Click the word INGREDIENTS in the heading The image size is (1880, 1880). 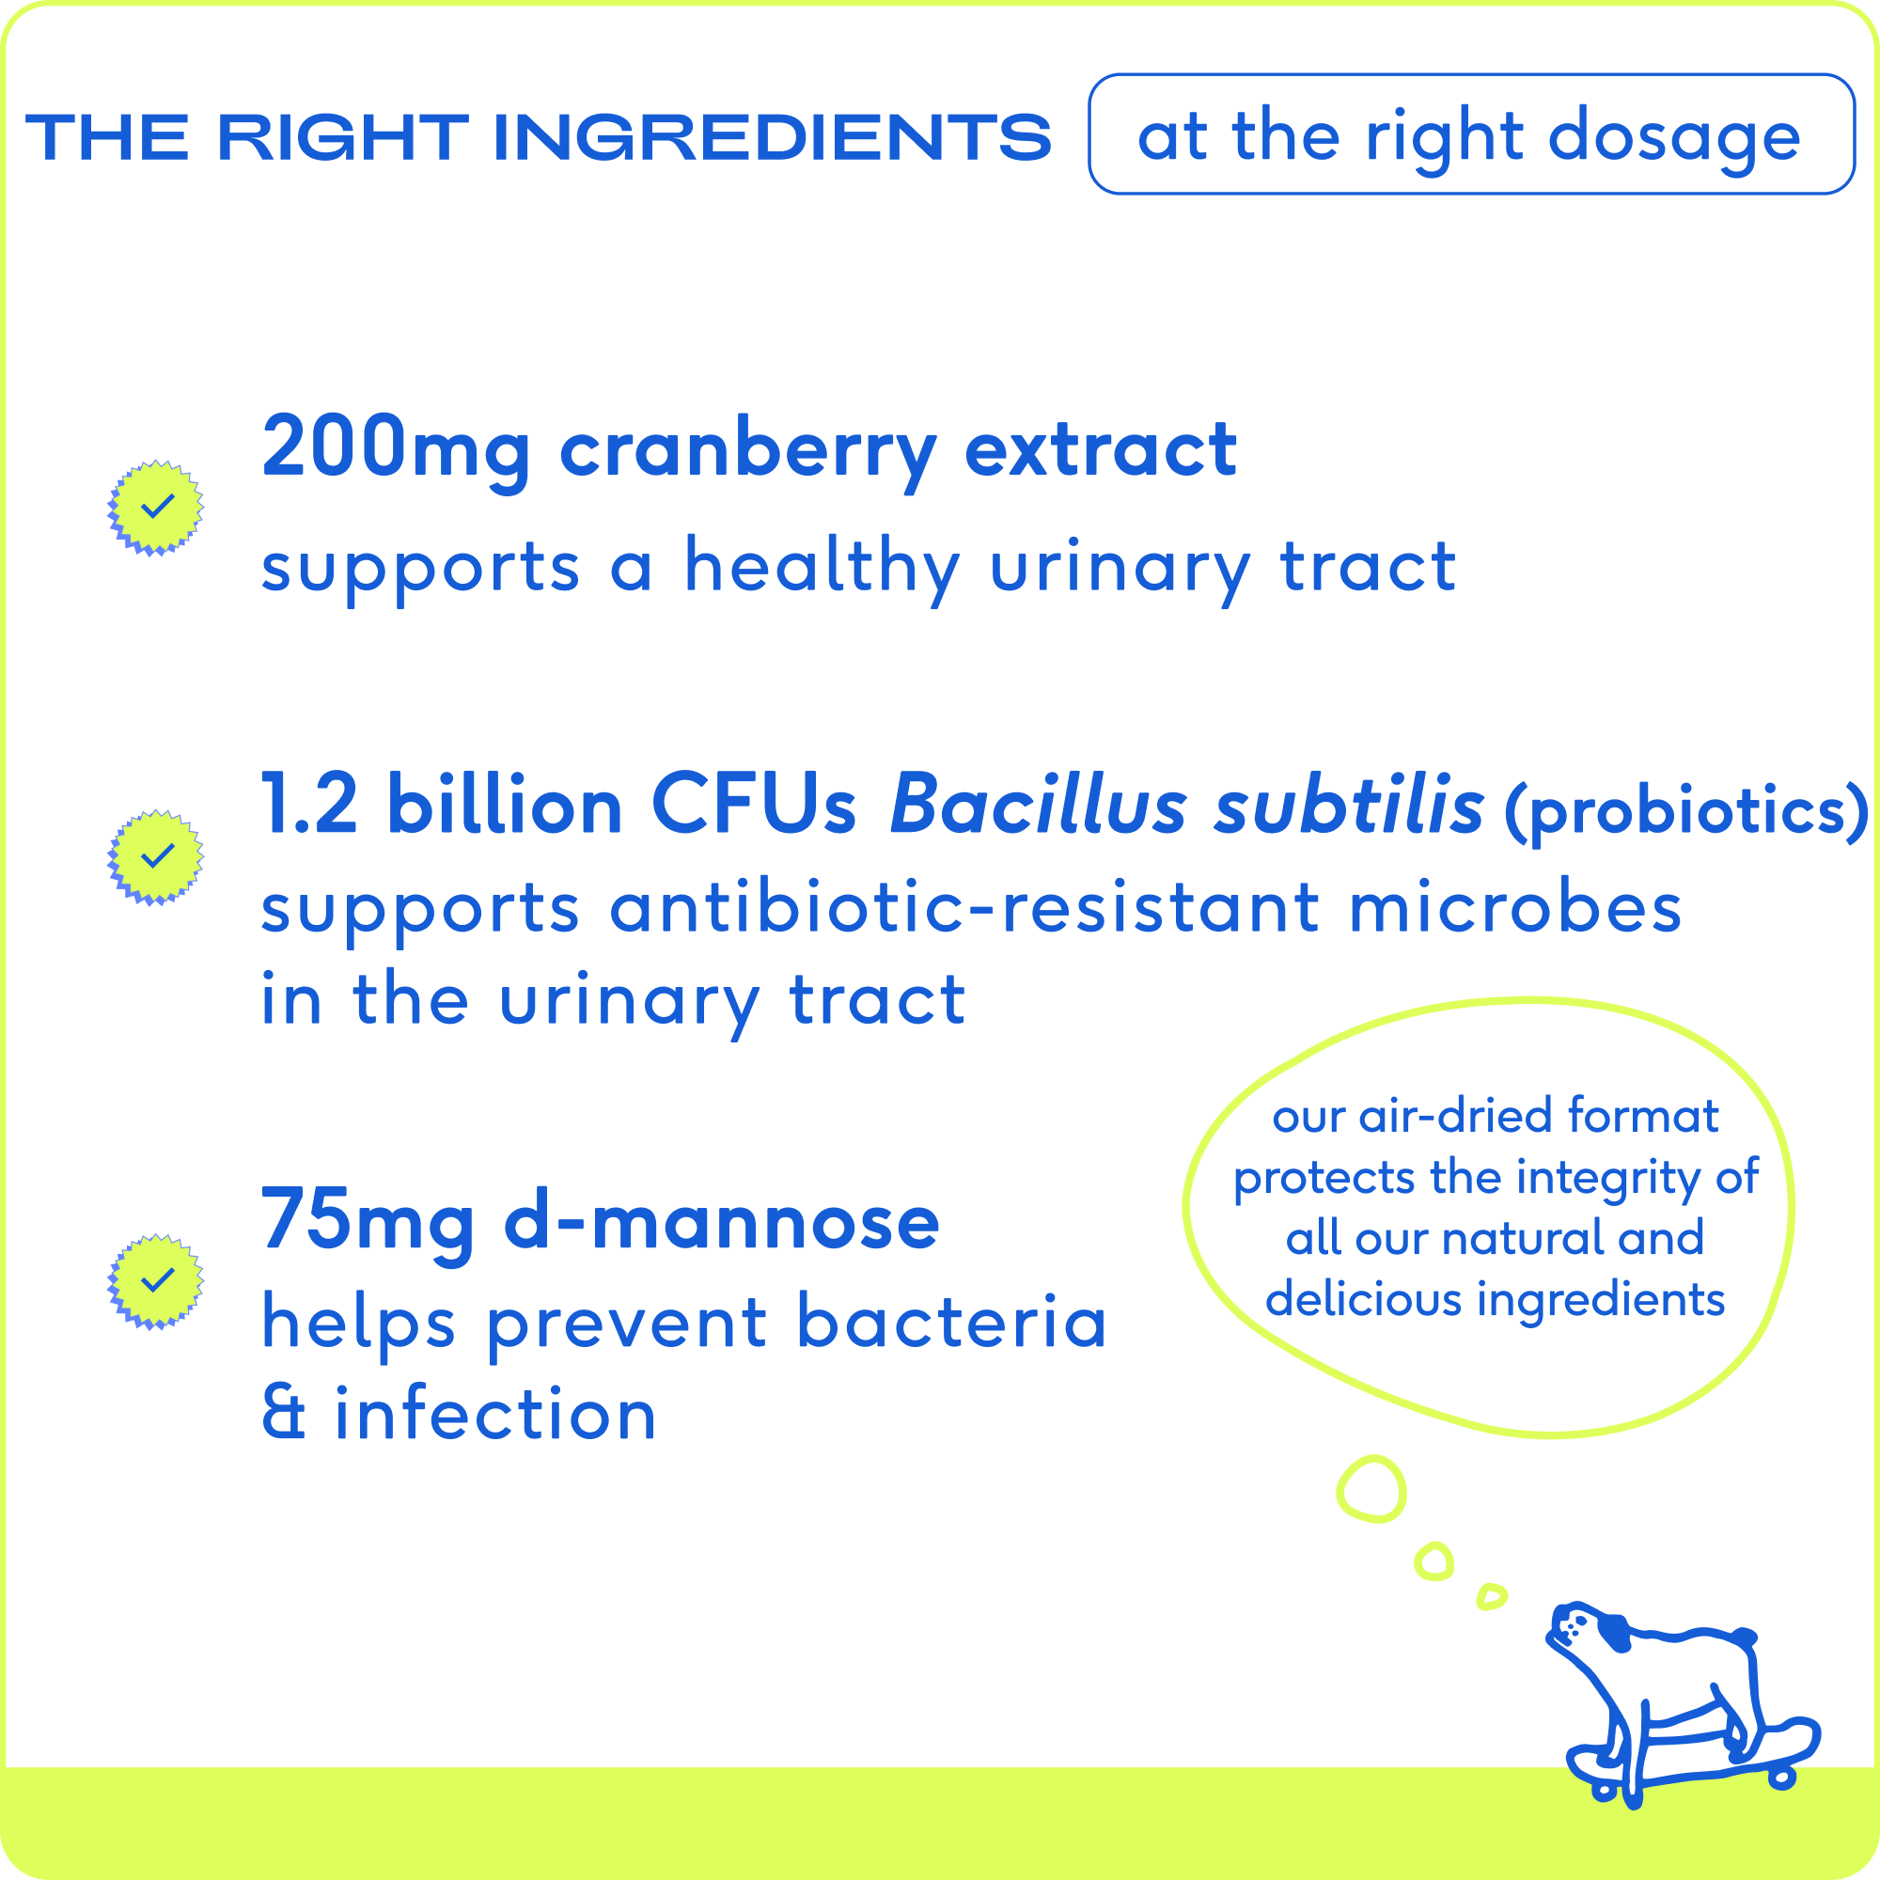[x=773, y=137]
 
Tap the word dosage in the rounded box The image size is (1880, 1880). [x=1674, y=139]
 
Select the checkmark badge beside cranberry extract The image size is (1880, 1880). [x=156, y=507]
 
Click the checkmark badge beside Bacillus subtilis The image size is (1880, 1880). [x=156, y=857]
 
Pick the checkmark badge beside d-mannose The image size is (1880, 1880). [x=156, y=1281]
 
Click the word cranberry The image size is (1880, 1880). [x=748, y=453]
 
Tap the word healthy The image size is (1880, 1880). [x=823, y=570]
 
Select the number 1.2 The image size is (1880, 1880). [x=309, y=805]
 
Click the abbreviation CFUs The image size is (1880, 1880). [x=753, y=805]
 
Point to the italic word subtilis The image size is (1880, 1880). [x=1349, y=804]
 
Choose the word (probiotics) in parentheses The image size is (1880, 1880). [x=1685, y=810]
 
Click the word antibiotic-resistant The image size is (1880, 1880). [x=964, y=909]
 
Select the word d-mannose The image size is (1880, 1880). [x=721, y=1220]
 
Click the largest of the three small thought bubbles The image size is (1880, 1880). [x=1371, y=1490]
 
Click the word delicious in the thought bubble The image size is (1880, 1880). [x=1363, y=1299]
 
